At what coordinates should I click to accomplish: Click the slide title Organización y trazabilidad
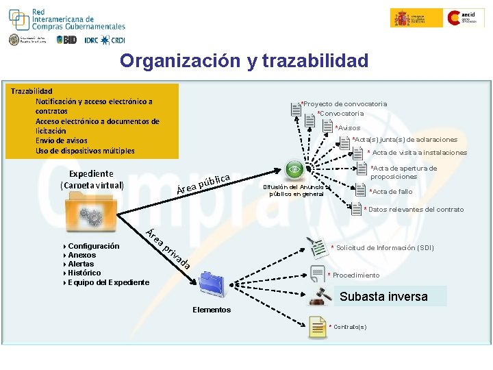pyautogui.click(x=244, y=61)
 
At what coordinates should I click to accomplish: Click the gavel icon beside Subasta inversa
pyautogui.click(x=320, y=296)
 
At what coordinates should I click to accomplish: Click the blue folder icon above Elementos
pyautogui.click(x=212, y=282)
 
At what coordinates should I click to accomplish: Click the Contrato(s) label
pyautogui.click(x=349, y=326)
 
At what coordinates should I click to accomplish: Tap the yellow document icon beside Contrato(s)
pyautogui.click(x=318, y=327)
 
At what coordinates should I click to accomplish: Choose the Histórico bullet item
pyautogui.click(x=84, y=273)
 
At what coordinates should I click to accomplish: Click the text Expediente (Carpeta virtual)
pyautogui.click(x=92, y=180)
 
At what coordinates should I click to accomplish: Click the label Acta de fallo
pyautogui.click(x=392, y=192)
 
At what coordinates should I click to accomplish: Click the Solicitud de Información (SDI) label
pyautogui.click(x=384, y=247)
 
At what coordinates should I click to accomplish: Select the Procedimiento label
pyautogui.click(x=355, y=275)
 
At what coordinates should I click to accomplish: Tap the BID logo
pyautogui.click(x=67, y=40)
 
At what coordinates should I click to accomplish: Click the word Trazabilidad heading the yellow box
pyautogui.click(x=31, y=90)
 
